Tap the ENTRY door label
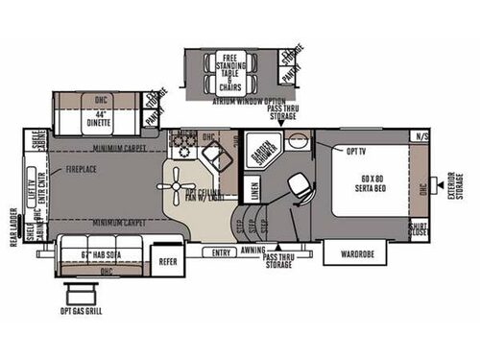[x=223, y=252]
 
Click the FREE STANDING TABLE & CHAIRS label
[x=231, y=68]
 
